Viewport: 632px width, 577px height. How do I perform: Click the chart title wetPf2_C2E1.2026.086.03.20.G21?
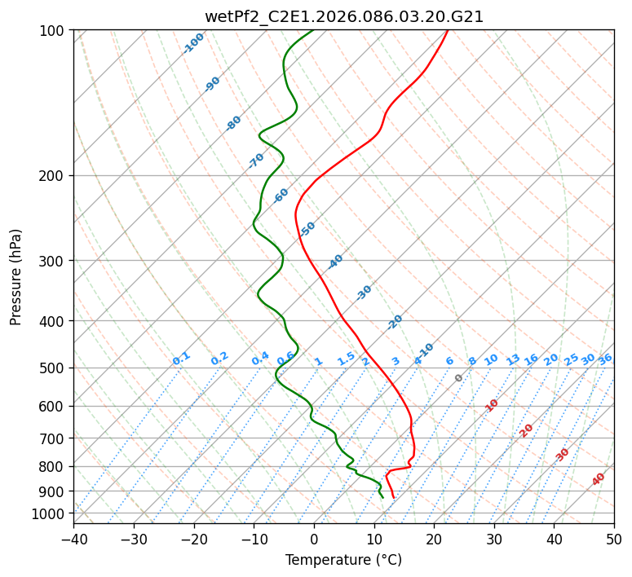pos(343,16)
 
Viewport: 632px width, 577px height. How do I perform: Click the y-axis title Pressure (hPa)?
pos(16,277)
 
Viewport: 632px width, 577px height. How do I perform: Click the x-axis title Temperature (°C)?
pos(343,560)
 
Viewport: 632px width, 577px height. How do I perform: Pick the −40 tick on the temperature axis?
pos(73,539)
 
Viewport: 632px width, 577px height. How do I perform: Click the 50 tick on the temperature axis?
pos(614,539)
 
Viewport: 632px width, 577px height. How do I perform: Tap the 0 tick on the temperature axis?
pos(314,539)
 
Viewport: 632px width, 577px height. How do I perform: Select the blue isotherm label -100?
pos(193,43)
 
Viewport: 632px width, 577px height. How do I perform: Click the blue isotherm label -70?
pos(256,161)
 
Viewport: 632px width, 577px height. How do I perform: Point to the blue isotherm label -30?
pos(364,293)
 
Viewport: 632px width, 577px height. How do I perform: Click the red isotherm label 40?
pos(599,479)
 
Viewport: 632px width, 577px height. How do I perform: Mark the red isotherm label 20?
pos(527,429)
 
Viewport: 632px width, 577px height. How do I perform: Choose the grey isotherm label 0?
pos(459,378)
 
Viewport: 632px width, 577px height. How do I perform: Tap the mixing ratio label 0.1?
pos(181,359)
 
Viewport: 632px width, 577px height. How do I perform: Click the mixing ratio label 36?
pos(605,359)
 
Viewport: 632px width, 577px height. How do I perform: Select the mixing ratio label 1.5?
pos(346,359)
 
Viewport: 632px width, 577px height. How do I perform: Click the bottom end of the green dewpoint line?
pos(382,497)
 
